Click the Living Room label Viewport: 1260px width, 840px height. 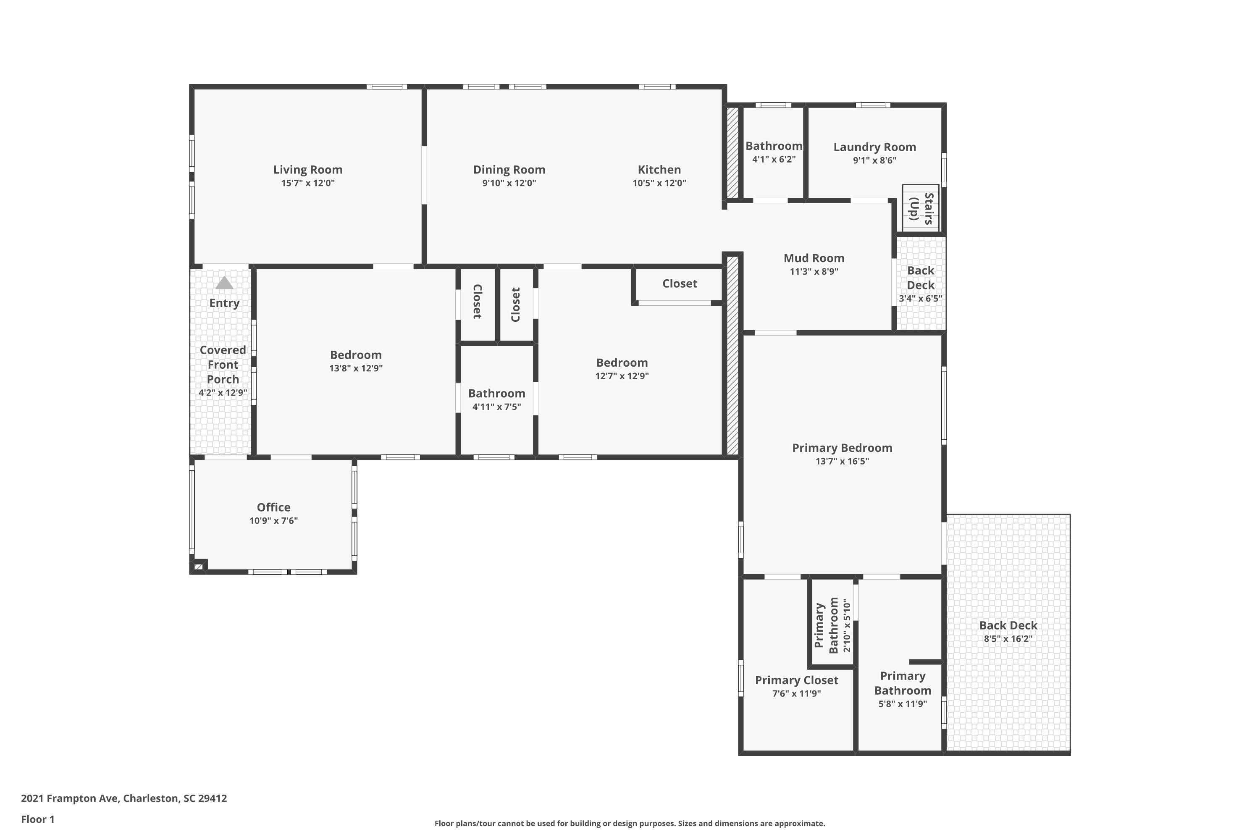click(307, 170)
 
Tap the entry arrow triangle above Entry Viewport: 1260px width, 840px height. click(224, 283)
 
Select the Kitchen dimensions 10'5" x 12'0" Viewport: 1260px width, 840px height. click(659, 183)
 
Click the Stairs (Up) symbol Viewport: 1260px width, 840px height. click(920, 208)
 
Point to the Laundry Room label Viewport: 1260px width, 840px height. click(874, 147)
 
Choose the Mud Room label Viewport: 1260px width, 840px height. click(814, 258)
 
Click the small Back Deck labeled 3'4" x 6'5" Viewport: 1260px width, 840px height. click(920, 284)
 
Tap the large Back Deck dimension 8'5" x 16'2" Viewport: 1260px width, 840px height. click(1008, 638)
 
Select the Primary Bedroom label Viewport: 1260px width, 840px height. click(842, 448)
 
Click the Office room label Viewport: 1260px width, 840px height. click(273, 507)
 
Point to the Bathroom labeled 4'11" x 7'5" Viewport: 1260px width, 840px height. click(496, 394)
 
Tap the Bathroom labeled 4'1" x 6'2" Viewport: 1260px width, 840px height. click(774, 146)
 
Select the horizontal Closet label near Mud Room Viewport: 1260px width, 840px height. click(679, 283)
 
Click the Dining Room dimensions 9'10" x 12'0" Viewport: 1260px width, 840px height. click(509, 183)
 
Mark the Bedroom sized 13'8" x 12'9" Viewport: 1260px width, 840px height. click(356, 355)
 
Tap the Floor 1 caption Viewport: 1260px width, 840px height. click(37, 819)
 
